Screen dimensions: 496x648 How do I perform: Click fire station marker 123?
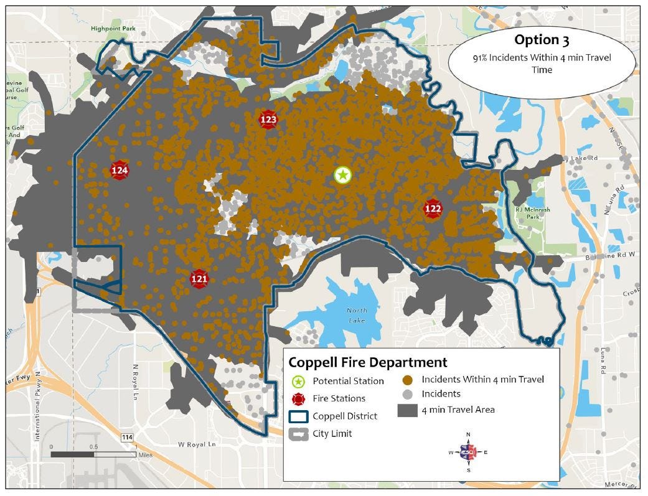(268, 119)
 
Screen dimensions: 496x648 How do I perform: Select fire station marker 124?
(120, 170)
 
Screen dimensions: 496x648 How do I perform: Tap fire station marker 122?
(433, 208)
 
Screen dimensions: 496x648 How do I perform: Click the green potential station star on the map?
(342, 175)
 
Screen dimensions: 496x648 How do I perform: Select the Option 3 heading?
(542, 40)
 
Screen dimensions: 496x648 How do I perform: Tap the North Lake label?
(357, 315)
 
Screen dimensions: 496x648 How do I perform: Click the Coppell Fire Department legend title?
(367, 362)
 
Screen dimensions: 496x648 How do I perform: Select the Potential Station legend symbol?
(299, 381)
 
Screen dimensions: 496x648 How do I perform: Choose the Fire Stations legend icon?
(299, 398)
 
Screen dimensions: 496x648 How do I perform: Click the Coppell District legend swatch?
(299, 416)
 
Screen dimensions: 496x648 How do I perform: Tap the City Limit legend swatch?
(299, 434)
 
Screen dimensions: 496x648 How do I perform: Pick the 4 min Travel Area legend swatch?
(407, 409)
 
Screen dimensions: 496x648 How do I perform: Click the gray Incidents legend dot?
(407, 393)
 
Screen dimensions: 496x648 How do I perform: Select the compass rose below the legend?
(468, 452)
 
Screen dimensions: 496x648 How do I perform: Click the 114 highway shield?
(128, 438)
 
